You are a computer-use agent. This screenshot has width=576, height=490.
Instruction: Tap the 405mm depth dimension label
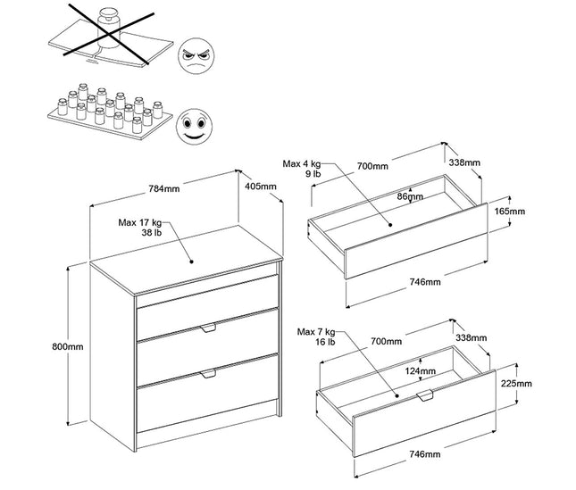click(x=262, y=187)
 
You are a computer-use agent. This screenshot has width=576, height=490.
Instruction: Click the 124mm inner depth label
click(x=420, y=370)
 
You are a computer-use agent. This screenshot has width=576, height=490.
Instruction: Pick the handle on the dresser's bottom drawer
click(x=209, y=373)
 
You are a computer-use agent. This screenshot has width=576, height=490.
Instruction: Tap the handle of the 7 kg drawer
click(x=425, y=394)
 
